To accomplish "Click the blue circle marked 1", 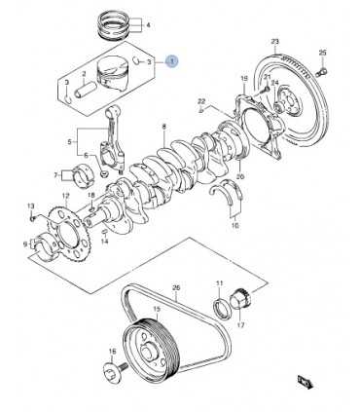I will pyautogui.click(x=172, y=61).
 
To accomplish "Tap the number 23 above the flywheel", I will pyautogui.click(x=275, y=41).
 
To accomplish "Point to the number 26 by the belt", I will pyautogui.click(x=176, y=287).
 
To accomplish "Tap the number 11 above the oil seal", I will pyautogui.click(x=220, y=282).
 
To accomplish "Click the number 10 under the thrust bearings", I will pyautogui.click(x=234, y=226).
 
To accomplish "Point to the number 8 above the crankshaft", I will pyautogui.click(x=163, y=127).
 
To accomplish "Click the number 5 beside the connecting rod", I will pyautogui.click(x=67, y=143).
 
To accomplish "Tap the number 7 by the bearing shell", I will pyautogui.click(x=54, y=175).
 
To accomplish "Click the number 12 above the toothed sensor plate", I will pyautogui.click(x=65, y=196).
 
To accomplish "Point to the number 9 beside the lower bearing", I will pyautogui.click(x=26, y=243).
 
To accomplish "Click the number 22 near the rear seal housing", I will pyautogui.click(x=200, y=100).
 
